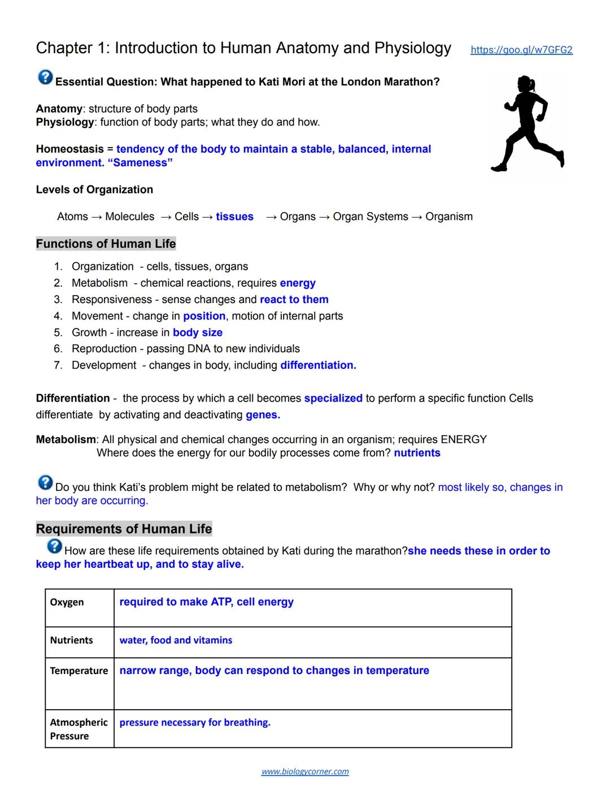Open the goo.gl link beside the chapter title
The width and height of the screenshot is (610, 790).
tap(521, 50)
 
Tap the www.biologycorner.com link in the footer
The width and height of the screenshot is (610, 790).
tap(305, 771)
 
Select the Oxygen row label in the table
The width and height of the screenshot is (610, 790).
tap(67, 602)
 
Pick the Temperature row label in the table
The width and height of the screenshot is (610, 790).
tap(79, 671)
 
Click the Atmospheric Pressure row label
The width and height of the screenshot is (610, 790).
tap(79, 729)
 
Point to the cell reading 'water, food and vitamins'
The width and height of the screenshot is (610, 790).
tap(176, 640)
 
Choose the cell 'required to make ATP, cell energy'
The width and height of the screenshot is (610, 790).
tap(206, 602)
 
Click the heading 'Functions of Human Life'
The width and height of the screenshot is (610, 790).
tap(106, 244)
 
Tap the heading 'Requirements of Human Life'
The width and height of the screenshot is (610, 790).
tap(124, 529)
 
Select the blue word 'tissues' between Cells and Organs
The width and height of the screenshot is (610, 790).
tap(234, 217)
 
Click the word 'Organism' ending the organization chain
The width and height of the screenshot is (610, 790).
tap(449, 217)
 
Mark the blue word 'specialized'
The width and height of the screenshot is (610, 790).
tap(333, 398)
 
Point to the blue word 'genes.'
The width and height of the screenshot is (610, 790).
tap(263, 415)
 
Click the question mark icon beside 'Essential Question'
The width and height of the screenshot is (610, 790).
tap(45, 77)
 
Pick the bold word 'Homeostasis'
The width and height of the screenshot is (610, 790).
tap(70, 149)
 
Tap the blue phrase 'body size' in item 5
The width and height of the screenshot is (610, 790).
tap(198, 333)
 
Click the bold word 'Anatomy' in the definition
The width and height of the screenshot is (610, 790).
tap(59, 109)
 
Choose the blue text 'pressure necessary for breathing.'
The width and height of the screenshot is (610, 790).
tap(195, 722)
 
